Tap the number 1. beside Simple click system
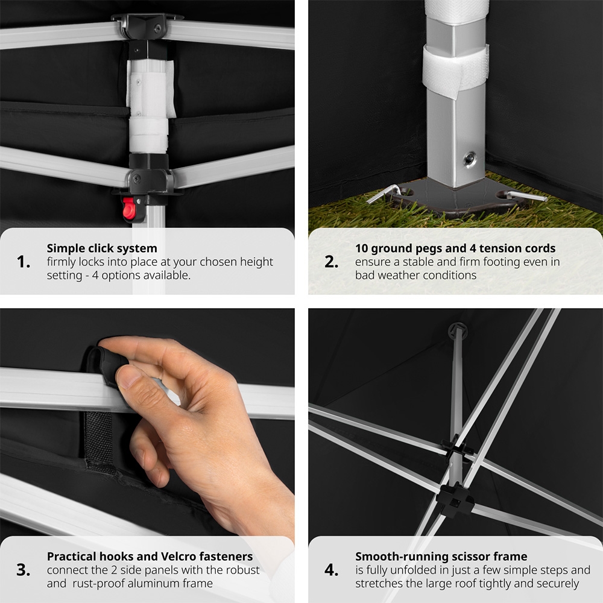24,262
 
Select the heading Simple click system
102,248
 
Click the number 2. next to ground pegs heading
332,262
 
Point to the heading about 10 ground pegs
455,248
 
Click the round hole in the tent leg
469,159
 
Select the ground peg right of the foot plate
525,196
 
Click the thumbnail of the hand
127,376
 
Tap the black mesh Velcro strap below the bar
99,438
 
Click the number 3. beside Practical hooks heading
24,570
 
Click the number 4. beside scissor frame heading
332,570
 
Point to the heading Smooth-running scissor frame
441,556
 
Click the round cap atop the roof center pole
458,330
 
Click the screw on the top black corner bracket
157,28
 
